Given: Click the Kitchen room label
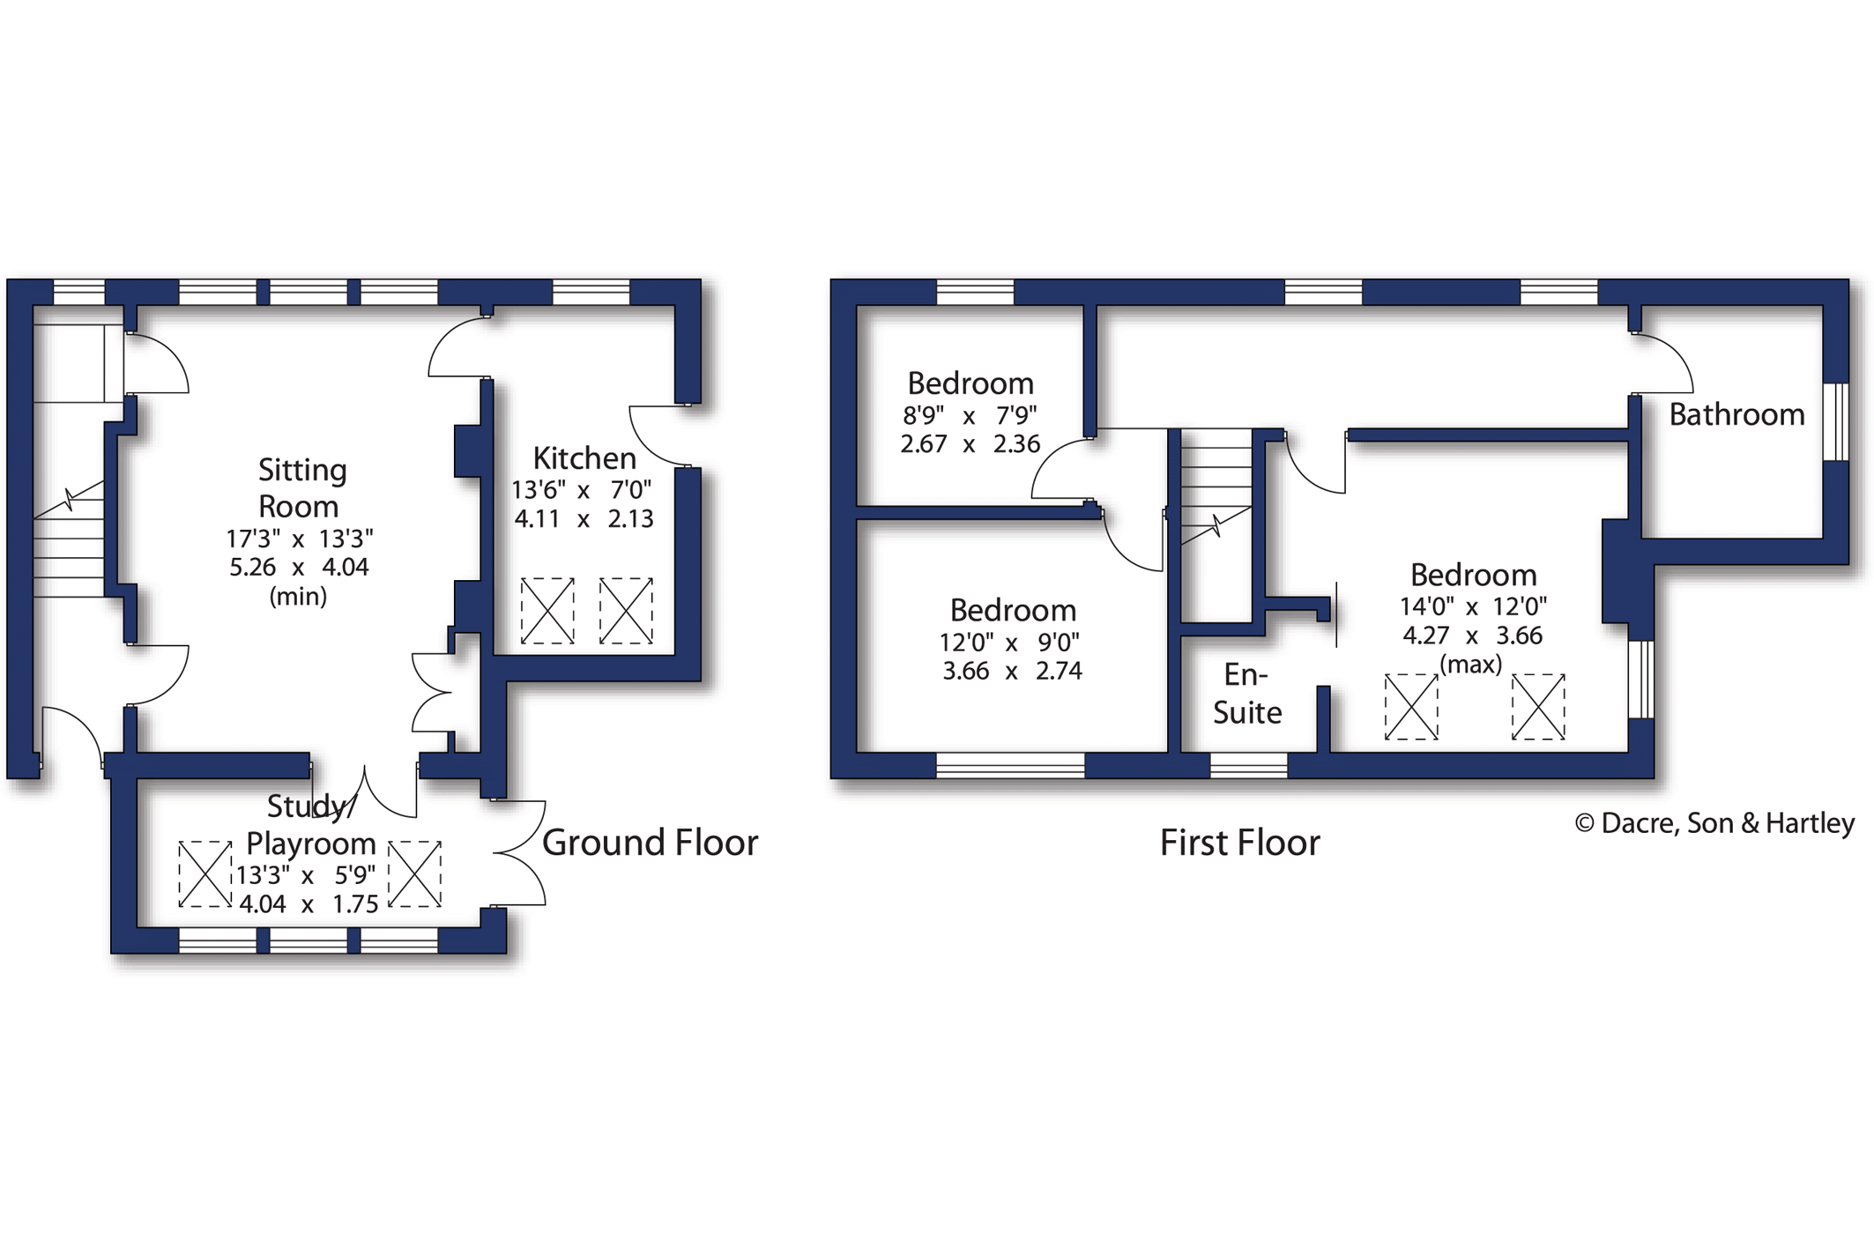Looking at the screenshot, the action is (x=584, y=458).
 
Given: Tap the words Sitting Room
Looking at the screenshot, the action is (x=301, y=487).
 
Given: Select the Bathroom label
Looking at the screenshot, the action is (x=1736, y=414).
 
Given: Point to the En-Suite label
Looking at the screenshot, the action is (x=1246, y=694).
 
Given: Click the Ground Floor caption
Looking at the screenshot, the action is (x=650, y=843).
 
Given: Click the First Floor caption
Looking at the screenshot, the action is (x=1239, y=843).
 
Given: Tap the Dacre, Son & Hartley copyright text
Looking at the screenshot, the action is (x=1714, y=823).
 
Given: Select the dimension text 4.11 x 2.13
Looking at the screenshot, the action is (x=584, y=518).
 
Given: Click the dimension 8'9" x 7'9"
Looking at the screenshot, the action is (x=970, y=414).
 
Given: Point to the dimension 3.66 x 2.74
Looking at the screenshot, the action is (x=1012, y=671).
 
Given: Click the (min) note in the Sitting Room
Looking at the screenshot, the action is (x=298, y=597).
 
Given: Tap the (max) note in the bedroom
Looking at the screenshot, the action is (x=1470, y=664).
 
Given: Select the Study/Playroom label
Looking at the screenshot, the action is (x=310, y=825).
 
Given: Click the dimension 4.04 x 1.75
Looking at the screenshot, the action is (x=309, y=904).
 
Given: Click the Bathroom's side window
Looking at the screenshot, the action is (x=1835, y=421).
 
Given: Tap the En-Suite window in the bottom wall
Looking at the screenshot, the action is (x=1248, y=765).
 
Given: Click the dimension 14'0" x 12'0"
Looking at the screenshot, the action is (x=1473, y=606).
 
